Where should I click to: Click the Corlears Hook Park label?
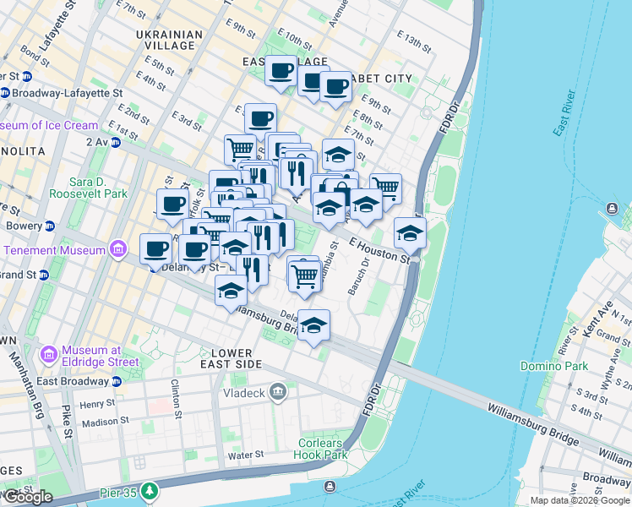[x=323, y=449]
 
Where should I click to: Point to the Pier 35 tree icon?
[x=150, y=490]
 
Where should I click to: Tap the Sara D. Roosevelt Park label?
[x=98, y=188]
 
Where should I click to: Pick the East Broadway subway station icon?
[x=117, y=381]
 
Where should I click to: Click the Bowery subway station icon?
[x=50, y=226]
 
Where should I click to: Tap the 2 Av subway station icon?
[x=116, y=142]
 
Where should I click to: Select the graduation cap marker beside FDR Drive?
[x=410, y=232]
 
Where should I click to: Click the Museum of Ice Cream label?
[x=49, y=125]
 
